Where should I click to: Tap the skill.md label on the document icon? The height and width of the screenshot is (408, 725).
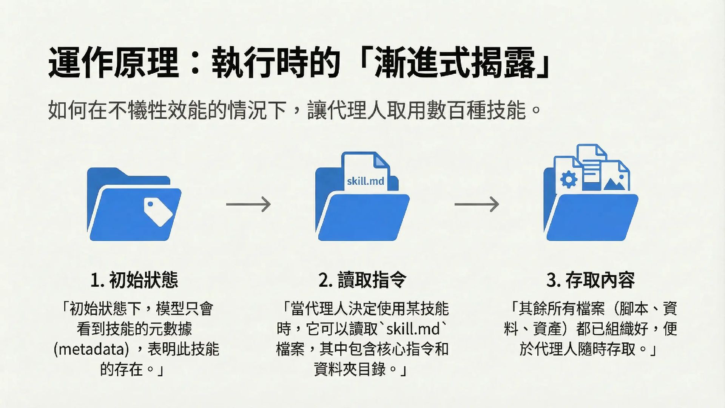[365, 181]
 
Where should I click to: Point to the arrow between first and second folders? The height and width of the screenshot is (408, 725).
[248, 204]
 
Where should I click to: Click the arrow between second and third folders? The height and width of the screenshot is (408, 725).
[477, 204]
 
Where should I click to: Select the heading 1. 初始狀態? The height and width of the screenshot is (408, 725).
[134, 280]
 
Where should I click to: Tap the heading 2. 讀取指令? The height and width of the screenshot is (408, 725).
[362, 280]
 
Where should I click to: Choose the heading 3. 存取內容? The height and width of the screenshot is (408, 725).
[591, 280]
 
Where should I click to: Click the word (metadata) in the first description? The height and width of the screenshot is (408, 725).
[91, 349]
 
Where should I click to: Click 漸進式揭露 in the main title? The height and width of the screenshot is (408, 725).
[455, 63]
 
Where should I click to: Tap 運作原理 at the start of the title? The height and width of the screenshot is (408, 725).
[113, 63]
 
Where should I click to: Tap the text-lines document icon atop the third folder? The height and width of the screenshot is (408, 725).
[591, 166]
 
